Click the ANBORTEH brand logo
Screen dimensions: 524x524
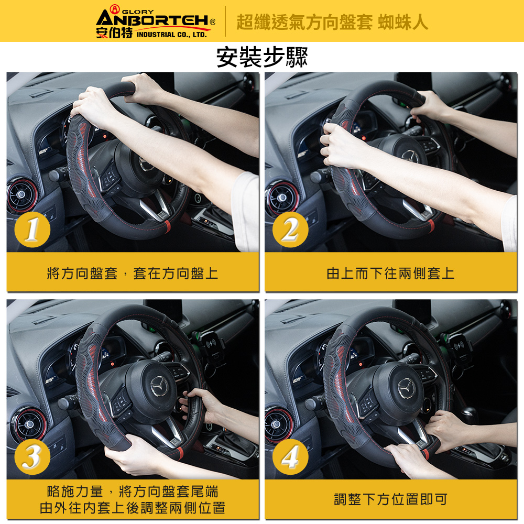click(156, 22)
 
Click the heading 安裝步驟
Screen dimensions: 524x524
click(261, 57)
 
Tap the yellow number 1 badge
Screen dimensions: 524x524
click(32, 230)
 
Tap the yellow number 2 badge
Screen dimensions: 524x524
click(290, 230)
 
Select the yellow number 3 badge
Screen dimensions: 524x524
click(32, 457)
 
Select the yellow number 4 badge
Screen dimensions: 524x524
click(290, 457)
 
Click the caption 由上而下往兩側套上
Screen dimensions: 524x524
click(390, 274)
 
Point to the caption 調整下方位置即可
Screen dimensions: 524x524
click(390, 499)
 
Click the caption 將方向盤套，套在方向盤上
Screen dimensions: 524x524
click(133, 274)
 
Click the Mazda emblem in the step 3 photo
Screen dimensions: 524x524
click(159, 386)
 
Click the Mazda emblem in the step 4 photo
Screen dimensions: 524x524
click(407, 389)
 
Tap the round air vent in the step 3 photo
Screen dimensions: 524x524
click(28, 423)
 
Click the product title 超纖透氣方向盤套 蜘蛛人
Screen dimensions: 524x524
click(332, 23)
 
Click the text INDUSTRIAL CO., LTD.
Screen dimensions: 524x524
click(172, 35)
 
